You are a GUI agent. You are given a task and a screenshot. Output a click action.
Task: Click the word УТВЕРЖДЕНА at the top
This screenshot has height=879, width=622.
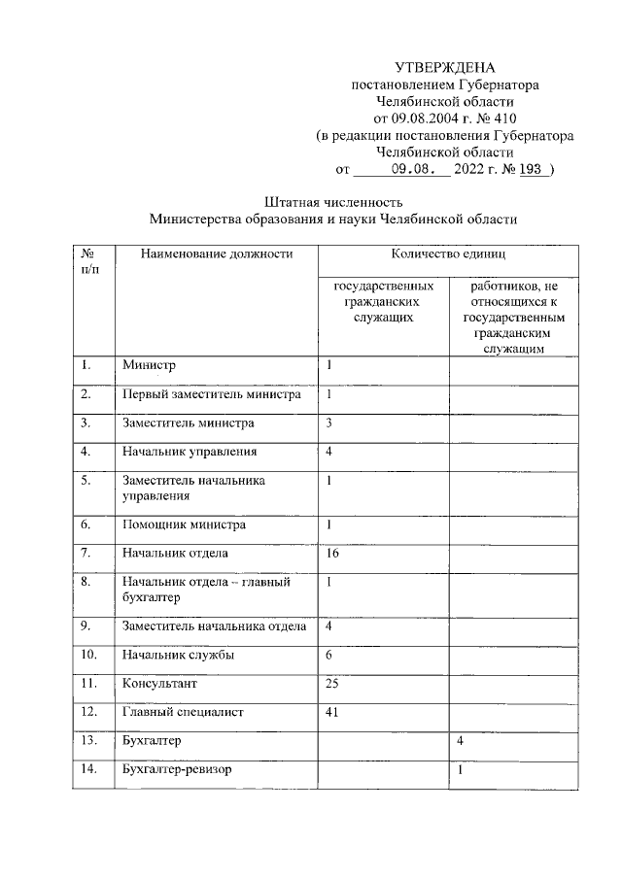(x=445, y=67)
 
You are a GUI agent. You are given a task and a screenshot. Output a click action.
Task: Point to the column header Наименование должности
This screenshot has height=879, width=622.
(x=216, y=254)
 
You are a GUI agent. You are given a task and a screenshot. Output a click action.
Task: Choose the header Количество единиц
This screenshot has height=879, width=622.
(x=448, y=254)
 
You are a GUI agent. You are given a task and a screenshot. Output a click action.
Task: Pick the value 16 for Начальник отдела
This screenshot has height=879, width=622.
(x=332, y=554)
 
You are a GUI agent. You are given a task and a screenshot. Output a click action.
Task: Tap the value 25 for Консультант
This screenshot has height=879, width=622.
(x=332, y=684)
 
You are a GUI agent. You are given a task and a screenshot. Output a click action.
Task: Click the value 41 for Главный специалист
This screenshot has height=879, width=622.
(x=332, y=712)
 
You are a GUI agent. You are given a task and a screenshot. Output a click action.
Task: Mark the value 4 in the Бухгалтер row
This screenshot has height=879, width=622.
(x=459, y=742)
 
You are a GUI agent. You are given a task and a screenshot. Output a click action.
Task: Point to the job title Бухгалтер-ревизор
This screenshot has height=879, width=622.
(x=178, y=770)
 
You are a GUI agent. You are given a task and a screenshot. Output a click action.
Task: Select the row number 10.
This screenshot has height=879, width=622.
(x=89, y=655)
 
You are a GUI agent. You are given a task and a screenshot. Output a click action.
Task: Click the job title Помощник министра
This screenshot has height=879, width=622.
(x=184, y=525)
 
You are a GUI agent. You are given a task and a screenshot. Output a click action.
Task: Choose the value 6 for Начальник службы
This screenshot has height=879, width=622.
(x=329, y=655)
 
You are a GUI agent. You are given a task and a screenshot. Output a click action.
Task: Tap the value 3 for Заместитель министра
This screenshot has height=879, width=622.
(x=329, y=423)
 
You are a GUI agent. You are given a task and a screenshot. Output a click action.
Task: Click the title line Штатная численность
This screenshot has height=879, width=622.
(x=333, y=202)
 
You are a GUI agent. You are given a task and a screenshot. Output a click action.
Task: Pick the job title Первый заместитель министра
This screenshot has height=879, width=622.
(x=211, y=394)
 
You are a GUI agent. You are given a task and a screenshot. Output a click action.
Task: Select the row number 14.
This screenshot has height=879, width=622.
(x=89, y=770)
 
